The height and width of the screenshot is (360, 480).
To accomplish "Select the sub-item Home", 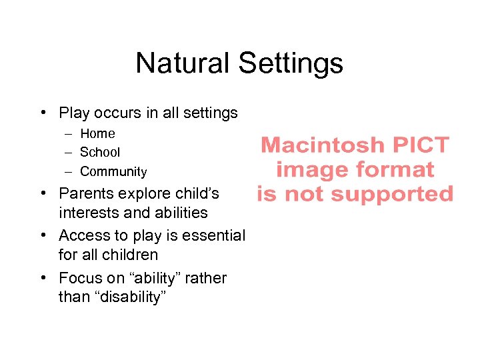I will click(97, 133).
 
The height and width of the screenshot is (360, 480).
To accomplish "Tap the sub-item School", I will click(100, 152).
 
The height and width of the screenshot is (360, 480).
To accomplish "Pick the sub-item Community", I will click(113, 171).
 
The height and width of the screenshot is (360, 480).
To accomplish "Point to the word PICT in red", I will click(421, 145).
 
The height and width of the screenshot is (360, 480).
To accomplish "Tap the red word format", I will click(393, 169).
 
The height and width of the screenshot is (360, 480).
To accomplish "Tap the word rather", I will click(206, 277).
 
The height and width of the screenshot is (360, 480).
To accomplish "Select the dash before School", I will click(69, 152).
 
